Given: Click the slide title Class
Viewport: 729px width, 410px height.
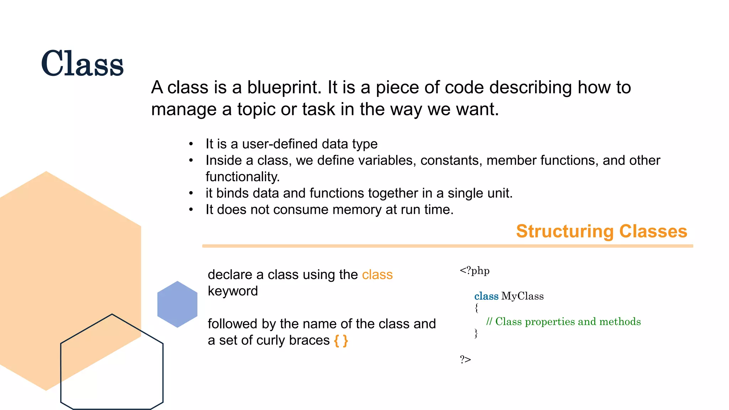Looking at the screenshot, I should point(82,64).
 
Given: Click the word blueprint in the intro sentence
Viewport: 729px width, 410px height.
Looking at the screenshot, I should point(284,88).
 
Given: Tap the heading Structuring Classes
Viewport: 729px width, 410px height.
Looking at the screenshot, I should point(601,231).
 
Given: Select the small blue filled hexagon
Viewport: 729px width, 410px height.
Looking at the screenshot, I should point(177,304).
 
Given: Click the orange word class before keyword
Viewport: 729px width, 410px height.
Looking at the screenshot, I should point(377,275).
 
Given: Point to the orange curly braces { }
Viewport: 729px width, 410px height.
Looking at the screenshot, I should point(341,341).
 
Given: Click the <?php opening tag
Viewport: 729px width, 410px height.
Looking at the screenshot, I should point(474,271).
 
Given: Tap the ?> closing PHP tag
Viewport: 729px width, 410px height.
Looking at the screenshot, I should point(465,359).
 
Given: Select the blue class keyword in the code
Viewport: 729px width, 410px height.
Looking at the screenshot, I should point(486,296).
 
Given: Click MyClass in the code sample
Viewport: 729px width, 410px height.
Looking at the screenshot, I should point(522,296).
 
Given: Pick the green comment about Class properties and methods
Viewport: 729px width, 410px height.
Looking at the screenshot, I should point(563,322).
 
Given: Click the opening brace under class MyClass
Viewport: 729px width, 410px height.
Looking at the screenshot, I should point(477,308).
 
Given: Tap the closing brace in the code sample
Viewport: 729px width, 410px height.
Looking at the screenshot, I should point(476,333).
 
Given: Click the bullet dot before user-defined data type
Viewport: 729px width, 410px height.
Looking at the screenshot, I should point(191,144).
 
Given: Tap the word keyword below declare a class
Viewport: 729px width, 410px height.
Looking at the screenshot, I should point(233,291).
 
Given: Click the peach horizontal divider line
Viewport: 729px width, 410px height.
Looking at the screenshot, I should point(447,246).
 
